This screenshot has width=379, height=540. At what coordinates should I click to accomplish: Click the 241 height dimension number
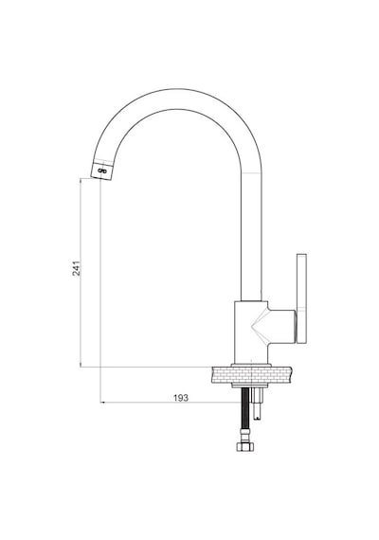[77, 269]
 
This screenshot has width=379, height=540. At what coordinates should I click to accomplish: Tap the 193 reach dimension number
[181, 398]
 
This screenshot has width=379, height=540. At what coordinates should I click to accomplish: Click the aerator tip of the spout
[102, 170]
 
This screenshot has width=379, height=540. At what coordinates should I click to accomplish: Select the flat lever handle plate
[301, 298]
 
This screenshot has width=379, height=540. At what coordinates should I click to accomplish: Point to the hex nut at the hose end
[245, 446]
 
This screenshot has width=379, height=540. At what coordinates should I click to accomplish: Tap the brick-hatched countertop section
[251, 375]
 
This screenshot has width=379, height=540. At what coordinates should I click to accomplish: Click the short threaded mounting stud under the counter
[258, 404]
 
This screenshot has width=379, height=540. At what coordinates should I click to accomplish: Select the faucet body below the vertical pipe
[251, 333]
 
